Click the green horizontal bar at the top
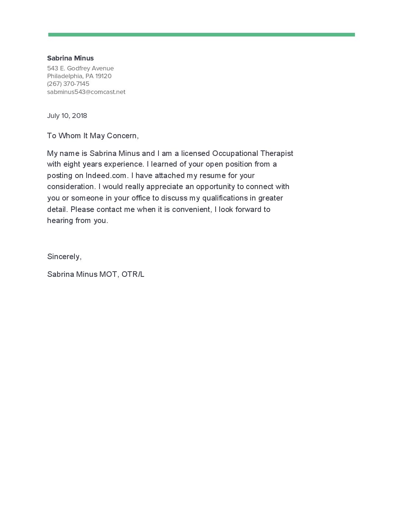click(x=201, y=35)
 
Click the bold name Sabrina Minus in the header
click(x=70, y=58)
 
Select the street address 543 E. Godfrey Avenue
click(x=80, y=68)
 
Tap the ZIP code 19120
click(x=103, y=76)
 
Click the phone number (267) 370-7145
click(x=68, y=84)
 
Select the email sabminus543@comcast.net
click(x=86, y=92)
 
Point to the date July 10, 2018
click(x=67, y=116)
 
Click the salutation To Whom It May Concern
click(x=93, y=136)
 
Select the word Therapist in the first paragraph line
click(x=277, y=153)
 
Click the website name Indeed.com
click(x=106, y=175)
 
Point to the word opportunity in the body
click(x=215, y=187)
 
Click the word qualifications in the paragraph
click(x=225, y=198)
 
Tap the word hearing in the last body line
click(x=60, y=221)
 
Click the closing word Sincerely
click(x=63, y=257)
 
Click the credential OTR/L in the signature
click(x=133, y=274)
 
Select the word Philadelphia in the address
click(x=64, y=76)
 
